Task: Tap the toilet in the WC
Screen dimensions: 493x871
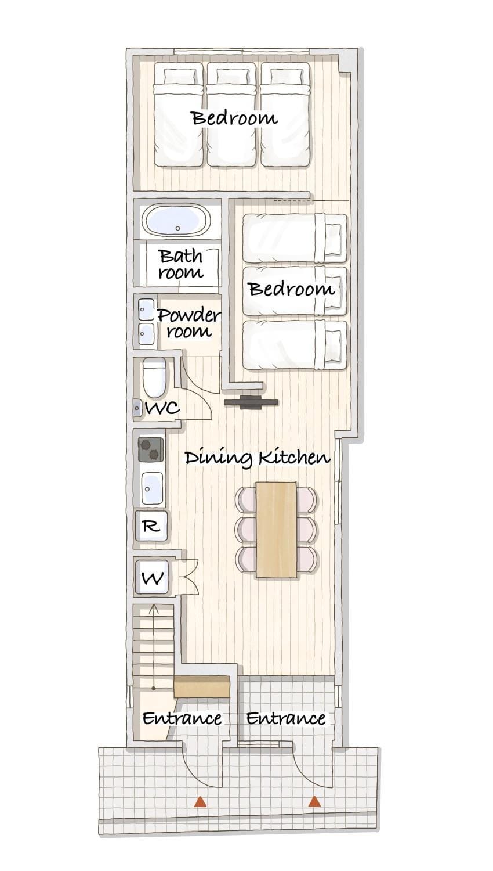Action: tap(154, 376)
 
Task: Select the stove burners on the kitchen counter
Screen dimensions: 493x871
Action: tap(151, 449)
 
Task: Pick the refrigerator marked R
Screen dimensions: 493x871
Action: tap(151, 526)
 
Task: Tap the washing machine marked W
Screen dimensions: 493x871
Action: tap(151, 578)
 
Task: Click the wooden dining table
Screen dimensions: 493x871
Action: tap(276, 529)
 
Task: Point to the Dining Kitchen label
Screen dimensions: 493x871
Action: tap(257, 458)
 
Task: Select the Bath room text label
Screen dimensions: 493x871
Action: tap(181, 264)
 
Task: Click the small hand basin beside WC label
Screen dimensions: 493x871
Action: tap(137, 408)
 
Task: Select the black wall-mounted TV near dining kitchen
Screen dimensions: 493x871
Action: tap(251, 402)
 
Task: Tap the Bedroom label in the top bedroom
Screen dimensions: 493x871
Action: tap(235, 118)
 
